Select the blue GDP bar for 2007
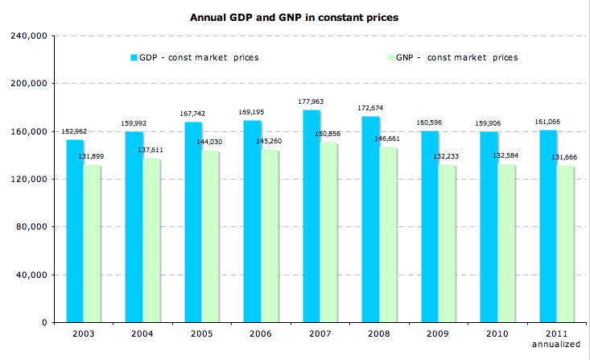(312, 217)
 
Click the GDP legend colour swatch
(134, 57)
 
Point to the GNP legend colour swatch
(391, 57)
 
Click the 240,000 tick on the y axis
(30, 35)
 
